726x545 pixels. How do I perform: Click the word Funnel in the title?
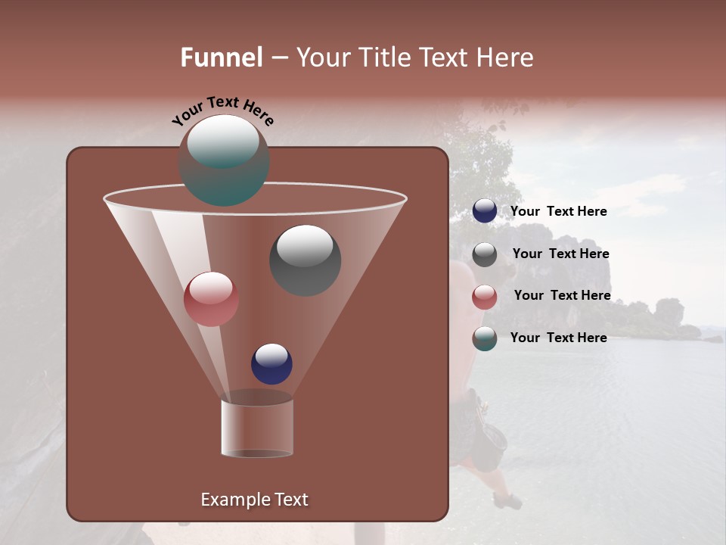coord(222,58)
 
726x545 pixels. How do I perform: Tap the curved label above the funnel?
coord(222,111)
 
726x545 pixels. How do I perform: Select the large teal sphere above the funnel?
coord(224,160)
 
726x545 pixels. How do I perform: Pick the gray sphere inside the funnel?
coord(305,260)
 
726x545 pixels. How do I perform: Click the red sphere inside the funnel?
coord(211,299)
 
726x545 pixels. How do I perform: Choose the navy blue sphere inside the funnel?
coord(271,364)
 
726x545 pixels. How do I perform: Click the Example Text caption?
coord(255,500)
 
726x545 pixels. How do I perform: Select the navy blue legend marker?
coord(485,211)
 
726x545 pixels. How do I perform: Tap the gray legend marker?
coord(485,254)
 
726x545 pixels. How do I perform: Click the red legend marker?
coord(485,297)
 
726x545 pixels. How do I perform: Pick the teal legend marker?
coord(485,338)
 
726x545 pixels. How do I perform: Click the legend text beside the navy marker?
coord(559,211)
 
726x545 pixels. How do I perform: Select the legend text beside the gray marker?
coord(560,254)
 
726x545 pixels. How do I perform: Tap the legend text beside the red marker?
coord(562,295)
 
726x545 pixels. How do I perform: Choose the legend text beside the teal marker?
coord(559,338)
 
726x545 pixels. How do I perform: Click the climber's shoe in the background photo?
coord(507,500)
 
